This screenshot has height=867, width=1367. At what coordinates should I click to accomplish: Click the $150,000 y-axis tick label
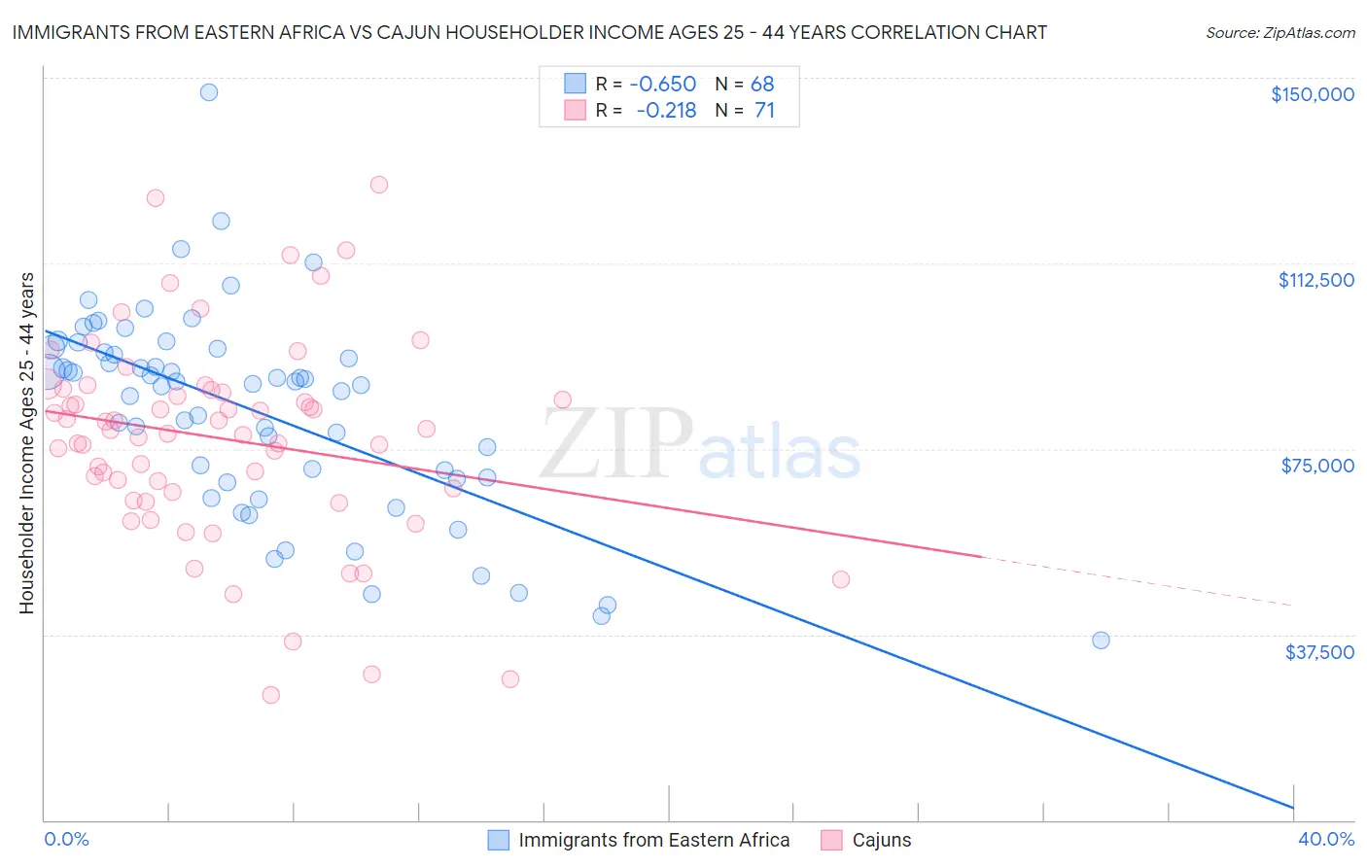[1312, 94]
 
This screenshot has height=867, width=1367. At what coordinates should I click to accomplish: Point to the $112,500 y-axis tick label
[1315, 280]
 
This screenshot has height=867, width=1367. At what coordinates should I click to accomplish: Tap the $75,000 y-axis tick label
[1317, 466]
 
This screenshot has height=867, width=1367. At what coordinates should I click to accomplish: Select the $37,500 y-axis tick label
[1319, 652]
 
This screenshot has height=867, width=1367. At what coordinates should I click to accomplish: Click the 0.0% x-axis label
[66, 839]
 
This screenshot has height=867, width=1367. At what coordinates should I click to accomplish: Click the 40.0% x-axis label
[1325, 839]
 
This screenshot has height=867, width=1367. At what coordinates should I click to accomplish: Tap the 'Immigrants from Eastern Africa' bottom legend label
[653, 840]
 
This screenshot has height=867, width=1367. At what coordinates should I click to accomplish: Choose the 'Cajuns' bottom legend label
[881, 840]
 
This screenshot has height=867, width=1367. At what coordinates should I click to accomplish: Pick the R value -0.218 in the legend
[666, 111]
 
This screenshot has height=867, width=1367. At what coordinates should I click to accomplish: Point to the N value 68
[762, 84]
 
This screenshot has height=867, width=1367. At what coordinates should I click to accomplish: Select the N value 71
[764, 111]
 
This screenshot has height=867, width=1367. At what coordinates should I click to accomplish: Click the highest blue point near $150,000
[209, 92]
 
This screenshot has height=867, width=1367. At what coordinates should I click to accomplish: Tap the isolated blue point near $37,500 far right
[1101, 640]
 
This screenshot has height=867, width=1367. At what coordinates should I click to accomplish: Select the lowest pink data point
[271, 695]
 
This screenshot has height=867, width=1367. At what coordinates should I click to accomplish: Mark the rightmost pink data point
[841, 579]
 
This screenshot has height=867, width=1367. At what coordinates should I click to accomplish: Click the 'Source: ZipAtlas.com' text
[1279, 33]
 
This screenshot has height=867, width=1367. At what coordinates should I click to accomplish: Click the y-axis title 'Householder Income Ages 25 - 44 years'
[27, 443]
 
